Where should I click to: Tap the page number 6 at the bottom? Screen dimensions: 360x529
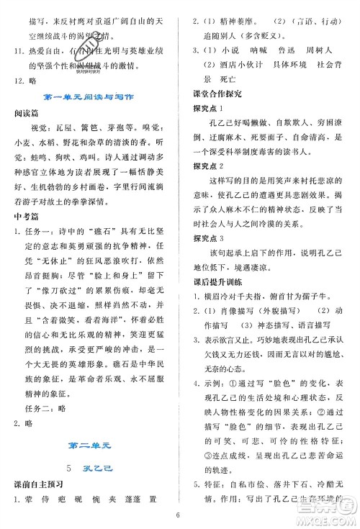tap(177, 515)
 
